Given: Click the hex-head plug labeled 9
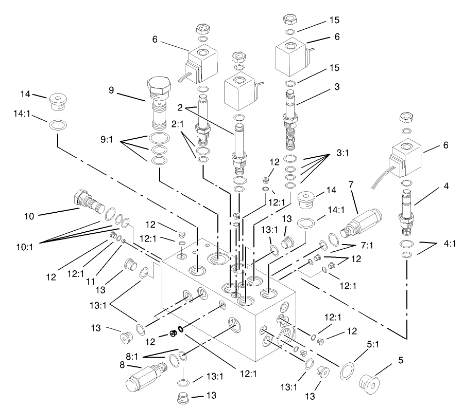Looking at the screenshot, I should [x=158, y=106].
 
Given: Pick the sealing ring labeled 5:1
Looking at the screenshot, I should [x=348, y=370].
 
